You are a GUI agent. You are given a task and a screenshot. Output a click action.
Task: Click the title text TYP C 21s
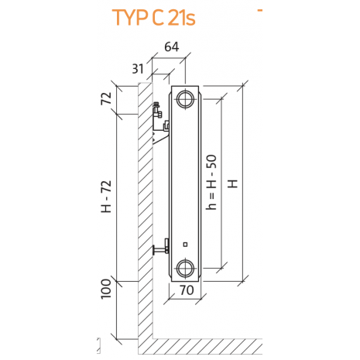pyautogui.click(x=154, y=18)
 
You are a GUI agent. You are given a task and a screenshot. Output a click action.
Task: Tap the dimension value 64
pyautogui.click(x=172, y=46)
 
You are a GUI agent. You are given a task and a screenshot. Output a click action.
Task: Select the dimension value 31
pyautogui.click(x=138, y=69)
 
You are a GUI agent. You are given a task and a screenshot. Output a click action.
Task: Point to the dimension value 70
pyautogui.click(x=187, y=290)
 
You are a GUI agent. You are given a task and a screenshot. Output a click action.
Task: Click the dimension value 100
pyautogui.click(x=106, y=289)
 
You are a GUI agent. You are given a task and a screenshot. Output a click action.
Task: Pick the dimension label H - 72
pyautogui.click(x=106, y=197)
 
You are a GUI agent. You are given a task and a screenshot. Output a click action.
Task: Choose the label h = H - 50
pyautogui.click(x=211, y=182)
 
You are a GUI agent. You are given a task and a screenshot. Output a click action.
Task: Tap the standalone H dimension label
pyautogui.click(x=232, y=183)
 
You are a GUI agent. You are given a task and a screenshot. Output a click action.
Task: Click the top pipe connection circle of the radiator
pyautogui.click(x=185, y=98)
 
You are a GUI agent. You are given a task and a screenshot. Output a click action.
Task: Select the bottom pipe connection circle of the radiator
pyautogui.click(x=185, y=268)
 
